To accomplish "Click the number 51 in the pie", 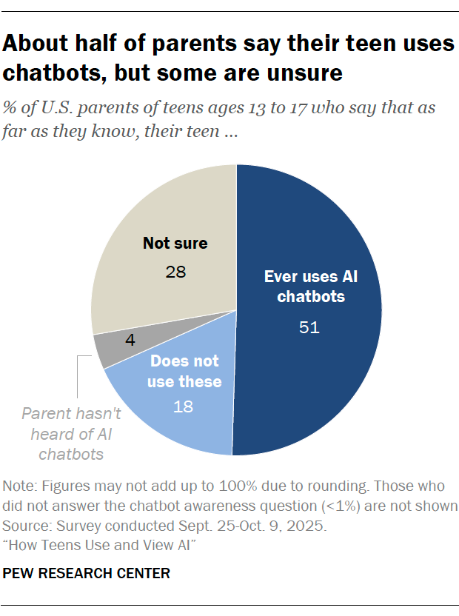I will (x=309, y=327).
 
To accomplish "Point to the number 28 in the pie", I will (x=175, y=272).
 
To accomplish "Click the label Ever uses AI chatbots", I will (x=309, y=287).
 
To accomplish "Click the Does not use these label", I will (x=186, y=372).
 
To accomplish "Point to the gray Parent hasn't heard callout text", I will (x=71, y=434).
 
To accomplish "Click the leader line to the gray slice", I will (x=78, y=378).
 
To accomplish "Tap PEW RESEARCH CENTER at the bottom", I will (x=87, y=573).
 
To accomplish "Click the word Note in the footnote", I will (x=19, y=486).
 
